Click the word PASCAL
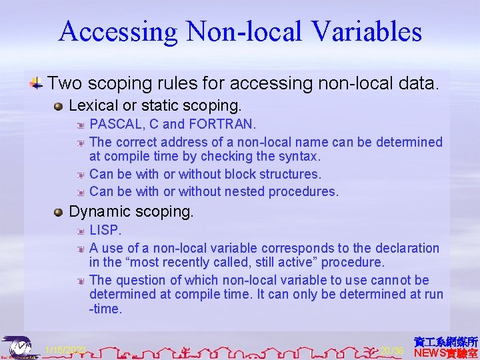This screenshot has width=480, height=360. click(114, 125)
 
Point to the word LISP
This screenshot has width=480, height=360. click(104, 231)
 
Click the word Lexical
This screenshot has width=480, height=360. click(92, 105)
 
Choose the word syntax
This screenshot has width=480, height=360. click(299, 157)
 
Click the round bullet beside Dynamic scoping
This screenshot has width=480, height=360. click(59, 213)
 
